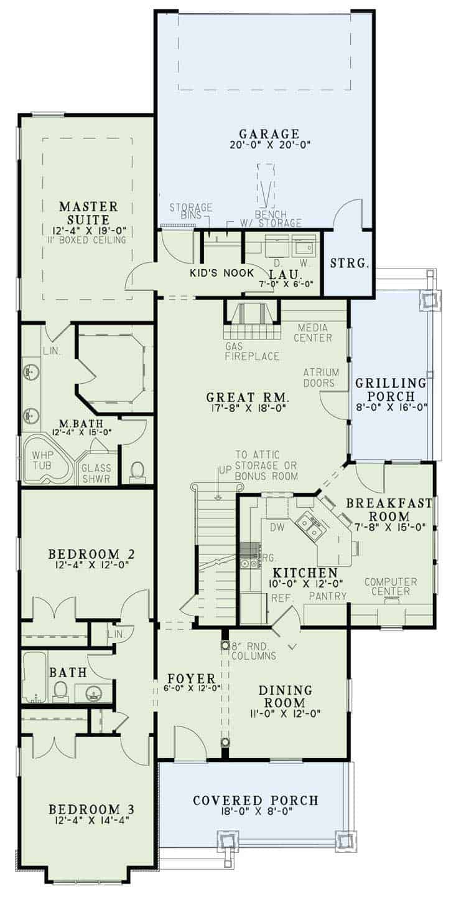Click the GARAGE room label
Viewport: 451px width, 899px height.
pos(269,133)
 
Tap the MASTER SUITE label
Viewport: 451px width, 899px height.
pos(88,212)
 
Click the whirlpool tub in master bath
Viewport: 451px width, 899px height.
pos(47,460)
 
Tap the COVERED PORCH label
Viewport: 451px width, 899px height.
pos(255,800)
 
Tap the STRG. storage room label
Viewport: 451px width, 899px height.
pos(350,263)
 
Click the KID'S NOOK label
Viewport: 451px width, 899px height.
pos(221,273)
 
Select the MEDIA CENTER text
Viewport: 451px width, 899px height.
pos(315,333)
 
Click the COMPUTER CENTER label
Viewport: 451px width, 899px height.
pos(391,586)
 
